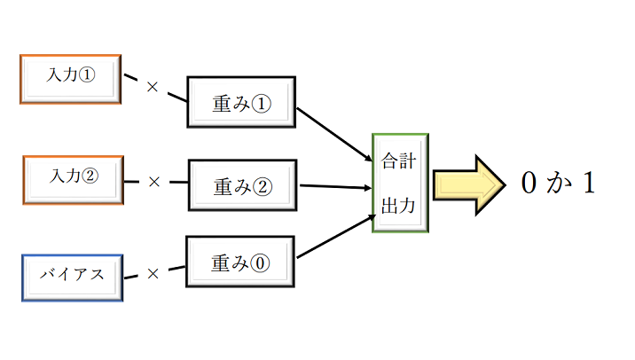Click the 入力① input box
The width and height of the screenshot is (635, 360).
pyautogui.click(x=70, y=79)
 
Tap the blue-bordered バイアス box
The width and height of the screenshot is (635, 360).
pyautogui.click(x=71, y=276)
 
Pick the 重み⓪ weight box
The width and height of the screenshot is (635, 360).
pyautogui.click(x=240, y=262)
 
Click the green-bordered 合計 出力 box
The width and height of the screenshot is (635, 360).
pyautogui.click(x=400, y=183)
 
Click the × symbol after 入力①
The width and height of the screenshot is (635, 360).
pyautogui.click(x=152, y=87)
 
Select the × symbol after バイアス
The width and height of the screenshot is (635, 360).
pyautogui.click(x=152, y=274)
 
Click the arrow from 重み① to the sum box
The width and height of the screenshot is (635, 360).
pyautogui.click(x=333, y=134)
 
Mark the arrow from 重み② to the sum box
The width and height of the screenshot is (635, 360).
pyautogui.click(x=335, y=186)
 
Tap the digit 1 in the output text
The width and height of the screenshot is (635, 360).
pyautogui.click(x=586, y=184)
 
